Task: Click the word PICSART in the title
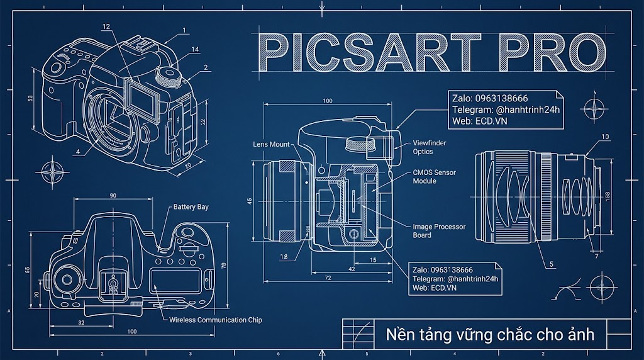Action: (369, 53)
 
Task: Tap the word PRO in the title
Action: (552, 53)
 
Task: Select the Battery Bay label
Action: (191, 207)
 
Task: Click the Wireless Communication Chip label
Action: (216, 320)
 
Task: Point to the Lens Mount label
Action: (272, 144)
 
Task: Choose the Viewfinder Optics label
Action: (430, 147)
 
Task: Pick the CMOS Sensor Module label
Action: (435, 177)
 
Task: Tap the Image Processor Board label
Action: (439, 231)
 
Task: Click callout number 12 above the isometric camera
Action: (106, 26)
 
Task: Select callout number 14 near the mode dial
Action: (195, 49)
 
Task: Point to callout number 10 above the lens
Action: (605, 137)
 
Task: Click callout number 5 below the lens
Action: (552, 264)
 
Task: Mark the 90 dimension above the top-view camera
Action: (113, 196)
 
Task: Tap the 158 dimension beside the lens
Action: (608, 196)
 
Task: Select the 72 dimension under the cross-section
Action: (328, 278)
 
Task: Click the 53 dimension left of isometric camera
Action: (30, 99)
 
